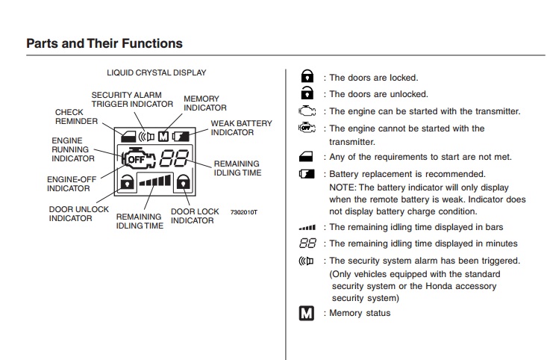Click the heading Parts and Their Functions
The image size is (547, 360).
click(x=104, y=43)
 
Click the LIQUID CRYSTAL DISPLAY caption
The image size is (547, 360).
click(x=157, y=72)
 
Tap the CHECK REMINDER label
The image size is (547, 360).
click(x=76, y=117)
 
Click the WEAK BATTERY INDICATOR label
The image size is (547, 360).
click(x=241, y=128)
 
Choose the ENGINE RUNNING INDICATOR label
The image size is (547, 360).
click(x=72, y=149)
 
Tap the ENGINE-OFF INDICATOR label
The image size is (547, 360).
click(x=69, y=184)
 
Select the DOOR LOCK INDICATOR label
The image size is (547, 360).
click(x=195, y=216)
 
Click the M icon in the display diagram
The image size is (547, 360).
click(x=164, y=136)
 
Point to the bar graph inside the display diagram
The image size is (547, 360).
click(x=154, y=181)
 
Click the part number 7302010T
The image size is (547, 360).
click(x=244, y=212)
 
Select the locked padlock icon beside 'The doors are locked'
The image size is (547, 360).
click(x=306, y=77)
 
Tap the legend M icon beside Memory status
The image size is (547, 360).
click(x=306, y=313)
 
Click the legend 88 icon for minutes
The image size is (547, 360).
click(x=307, y=243)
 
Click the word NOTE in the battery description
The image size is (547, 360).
click(x=343, y=187)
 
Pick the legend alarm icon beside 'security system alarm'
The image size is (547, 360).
click(x=306, y=261)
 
